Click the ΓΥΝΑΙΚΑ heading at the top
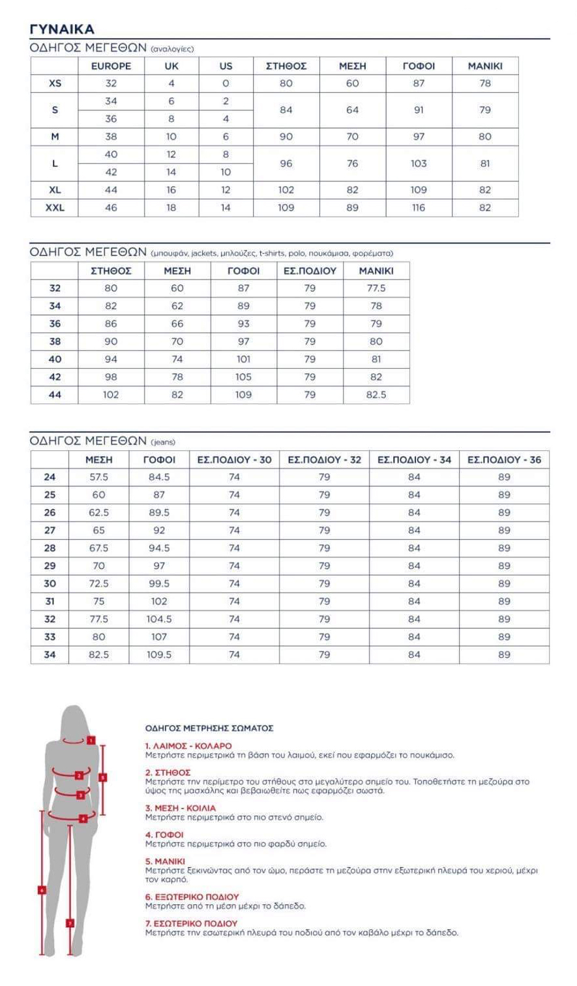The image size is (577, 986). pos(62,29)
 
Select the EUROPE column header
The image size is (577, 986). pos(111,66)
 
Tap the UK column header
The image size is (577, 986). pos(171,66)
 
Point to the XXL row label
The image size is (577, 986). pos(55,208)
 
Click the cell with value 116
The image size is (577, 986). pos(419,208)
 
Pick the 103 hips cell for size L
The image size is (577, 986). pos(419,163)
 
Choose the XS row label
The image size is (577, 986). pos(55,84)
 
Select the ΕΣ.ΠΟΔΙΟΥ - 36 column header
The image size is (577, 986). pos(504,459)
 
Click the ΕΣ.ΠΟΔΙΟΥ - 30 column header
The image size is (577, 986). pos(234,459)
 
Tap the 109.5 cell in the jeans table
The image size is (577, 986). pos(159,655)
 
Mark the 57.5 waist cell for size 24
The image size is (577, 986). pos(98,477)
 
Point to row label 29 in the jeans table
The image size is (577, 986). pos(50,566)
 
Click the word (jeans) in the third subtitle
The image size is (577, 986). pos(163,442)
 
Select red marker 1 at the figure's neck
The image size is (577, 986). pos(91,740)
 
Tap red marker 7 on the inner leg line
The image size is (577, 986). pos(70,923)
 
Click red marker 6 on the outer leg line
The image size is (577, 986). pos(42,889)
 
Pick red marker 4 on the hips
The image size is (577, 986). pos(83,818)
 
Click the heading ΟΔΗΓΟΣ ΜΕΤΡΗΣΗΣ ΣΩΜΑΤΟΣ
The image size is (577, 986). pos(209,728)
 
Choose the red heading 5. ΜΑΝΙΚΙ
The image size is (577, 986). pos(165,861)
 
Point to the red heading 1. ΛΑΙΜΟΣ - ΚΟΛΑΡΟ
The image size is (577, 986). pos(188,746)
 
